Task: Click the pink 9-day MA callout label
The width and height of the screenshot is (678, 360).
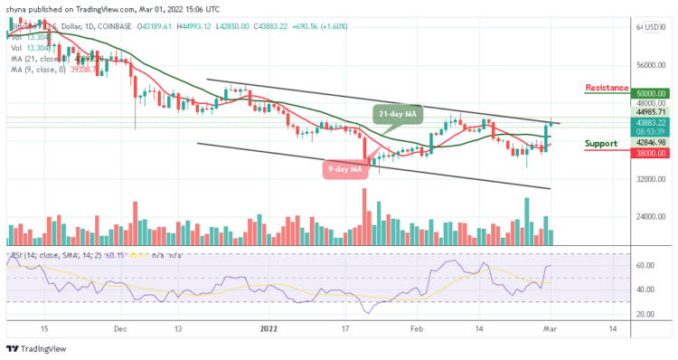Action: pyautogui.click(x=344, y=168)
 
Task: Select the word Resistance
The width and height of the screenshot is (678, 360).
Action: pyautogui.click(x=607, y=87)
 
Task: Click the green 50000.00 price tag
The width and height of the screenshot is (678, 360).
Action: pyautogui.click(x=651, y=93)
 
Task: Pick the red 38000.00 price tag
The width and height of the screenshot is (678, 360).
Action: pyautogui.click(x=651, y=154)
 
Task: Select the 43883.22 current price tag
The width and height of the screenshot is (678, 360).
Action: pyautogui.click(x=651, y=122)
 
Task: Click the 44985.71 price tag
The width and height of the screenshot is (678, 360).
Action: pyautogui.click(x=651, y=112)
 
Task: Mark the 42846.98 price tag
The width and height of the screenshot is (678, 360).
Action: pyautogui.click(x=651, y=142)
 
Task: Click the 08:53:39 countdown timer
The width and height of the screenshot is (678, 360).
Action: pyautogui.click(x=651, y=131)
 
